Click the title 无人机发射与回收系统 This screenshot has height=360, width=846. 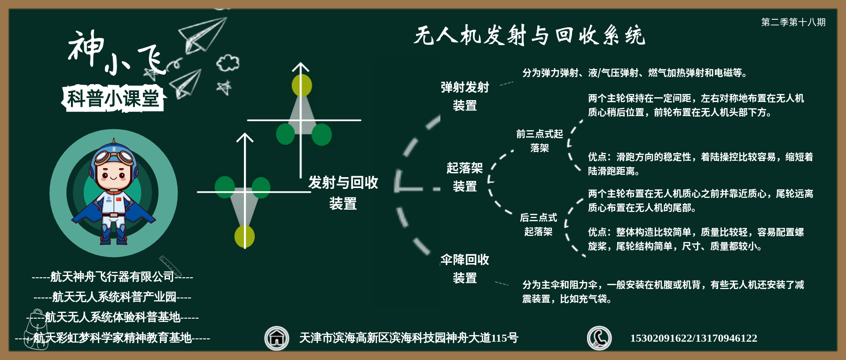point(529,35)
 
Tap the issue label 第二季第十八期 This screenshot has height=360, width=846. point(793,22)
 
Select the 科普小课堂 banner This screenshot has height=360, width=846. point(113,99)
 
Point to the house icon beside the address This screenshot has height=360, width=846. point(277,338)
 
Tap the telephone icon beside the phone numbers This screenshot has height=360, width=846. point(599,338)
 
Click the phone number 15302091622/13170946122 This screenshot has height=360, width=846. point(694,338)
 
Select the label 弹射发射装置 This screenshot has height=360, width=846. point(465,96)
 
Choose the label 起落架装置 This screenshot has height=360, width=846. point(465,177)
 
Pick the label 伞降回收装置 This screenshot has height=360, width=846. point(465,269)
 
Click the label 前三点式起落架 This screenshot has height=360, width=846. point(540,141)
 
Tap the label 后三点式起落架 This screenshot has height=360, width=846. point(539,225)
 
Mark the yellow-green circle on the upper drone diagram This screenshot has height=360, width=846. point(302,86)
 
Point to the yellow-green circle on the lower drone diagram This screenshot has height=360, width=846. point(244,236)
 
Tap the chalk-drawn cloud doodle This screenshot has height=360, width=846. point(228,63)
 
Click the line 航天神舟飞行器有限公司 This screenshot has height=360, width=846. point(112,277)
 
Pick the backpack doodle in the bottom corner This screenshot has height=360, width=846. point(37,329)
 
